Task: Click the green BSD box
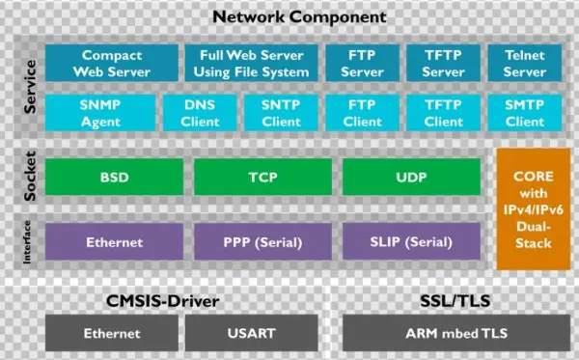point(114,178)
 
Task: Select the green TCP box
point(262,178)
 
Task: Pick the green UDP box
point(411,178)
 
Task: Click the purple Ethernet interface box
point(114,242)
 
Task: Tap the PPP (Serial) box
point(262,242)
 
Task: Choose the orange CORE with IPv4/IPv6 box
point(533,209)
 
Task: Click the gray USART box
point(252,333)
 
